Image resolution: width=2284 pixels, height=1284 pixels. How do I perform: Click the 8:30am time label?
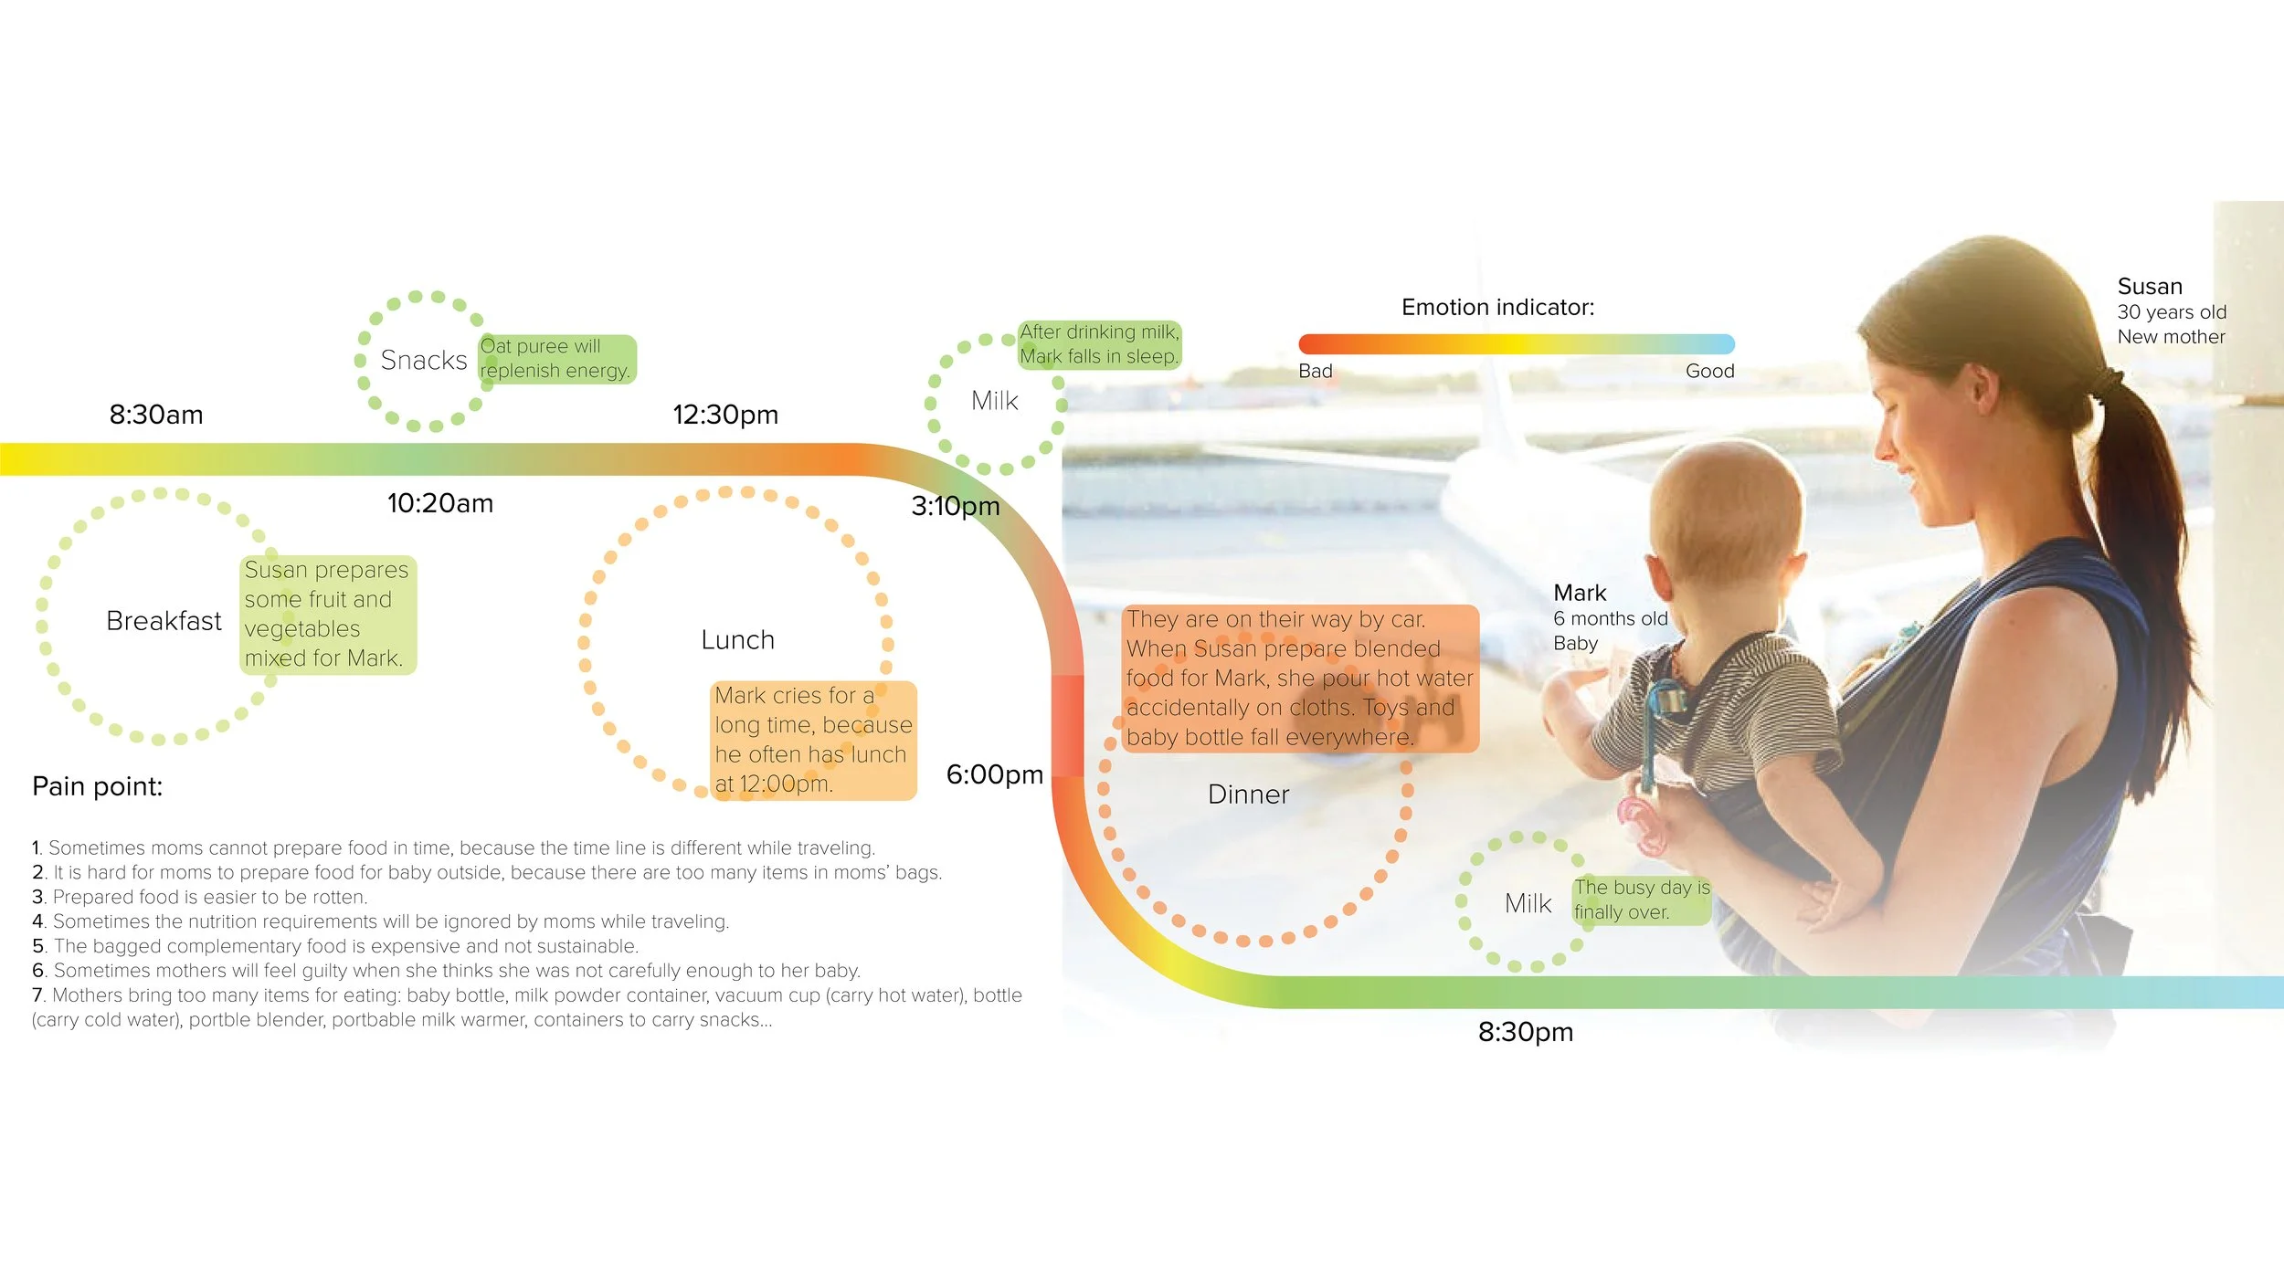tap(156, 415)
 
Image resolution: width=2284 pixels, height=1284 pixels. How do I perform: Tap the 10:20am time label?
tap(439, 503)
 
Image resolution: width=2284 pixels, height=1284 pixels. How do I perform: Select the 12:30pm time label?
tap(725, 415)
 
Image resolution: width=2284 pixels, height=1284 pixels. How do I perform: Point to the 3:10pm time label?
tap(955, 506)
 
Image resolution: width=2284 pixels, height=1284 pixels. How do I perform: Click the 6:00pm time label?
tap(994, 774)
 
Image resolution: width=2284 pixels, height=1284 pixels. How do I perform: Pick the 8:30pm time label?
tap(1525, 1032)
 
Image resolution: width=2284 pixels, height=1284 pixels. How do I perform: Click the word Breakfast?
tap(164, 621)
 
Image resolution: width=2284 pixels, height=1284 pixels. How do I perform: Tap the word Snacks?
tap(423, 361)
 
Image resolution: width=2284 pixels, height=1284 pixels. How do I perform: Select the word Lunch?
tap(737, 640)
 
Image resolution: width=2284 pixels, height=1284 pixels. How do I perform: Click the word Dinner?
tap(1248, 795)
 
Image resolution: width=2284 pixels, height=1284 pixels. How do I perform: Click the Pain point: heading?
tap(97, 786)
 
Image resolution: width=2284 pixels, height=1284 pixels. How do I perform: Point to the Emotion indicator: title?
tap(1497, 308)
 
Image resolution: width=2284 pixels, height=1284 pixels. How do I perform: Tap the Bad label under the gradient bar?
tap(1315, 372)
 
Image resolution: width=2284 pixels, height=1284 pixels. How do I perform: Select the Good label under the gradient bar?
tap(1709, 372)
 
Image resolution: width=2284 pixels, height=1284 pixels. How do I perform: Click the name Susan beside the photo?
tap(2149, 287)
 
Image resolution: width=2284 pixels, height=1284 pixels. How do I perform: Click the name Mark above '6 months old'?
tap(1579, 593)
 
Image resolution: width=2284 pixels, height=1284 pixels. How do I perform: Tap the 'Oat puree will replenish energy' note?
tap(555, 359)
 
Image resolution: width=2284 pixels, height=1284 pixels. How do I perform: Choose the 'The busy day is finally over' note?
tap(1641, 900)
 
